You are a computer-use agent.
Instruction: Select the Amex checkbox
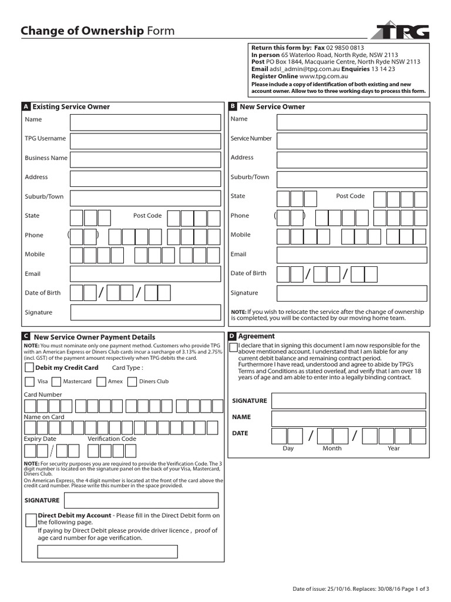pyautogui.click(x=100, y=382)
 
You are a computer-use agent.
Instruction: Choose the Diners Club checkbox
pyautogui.click(x=132, y=382)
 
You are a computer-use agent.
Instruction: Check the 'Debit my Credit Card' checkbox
pyautogui.click(x=29, y=368)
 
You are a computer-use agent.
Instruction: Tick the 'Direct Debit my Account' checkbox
pyautogui.click(x=31, y=520)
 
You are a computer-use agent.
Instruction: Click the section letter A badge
pyautogui.click(x=25, y=107)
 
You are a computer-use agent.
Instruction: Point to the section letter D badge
pyautogui.click(x=232, y=336)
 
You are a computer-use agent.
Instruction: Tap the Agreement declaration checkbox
pyautogui.click(x=234, y=347)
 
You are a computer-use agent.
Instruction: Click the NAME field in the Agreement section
pyautogui.click(x=348, y=419)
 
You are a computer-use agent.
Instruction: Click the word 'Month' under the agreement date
pyautogui.click(x=332, y=449)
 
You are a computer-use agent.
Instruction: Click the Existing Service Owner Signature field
pyautogui.click(x=146, y=312)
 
